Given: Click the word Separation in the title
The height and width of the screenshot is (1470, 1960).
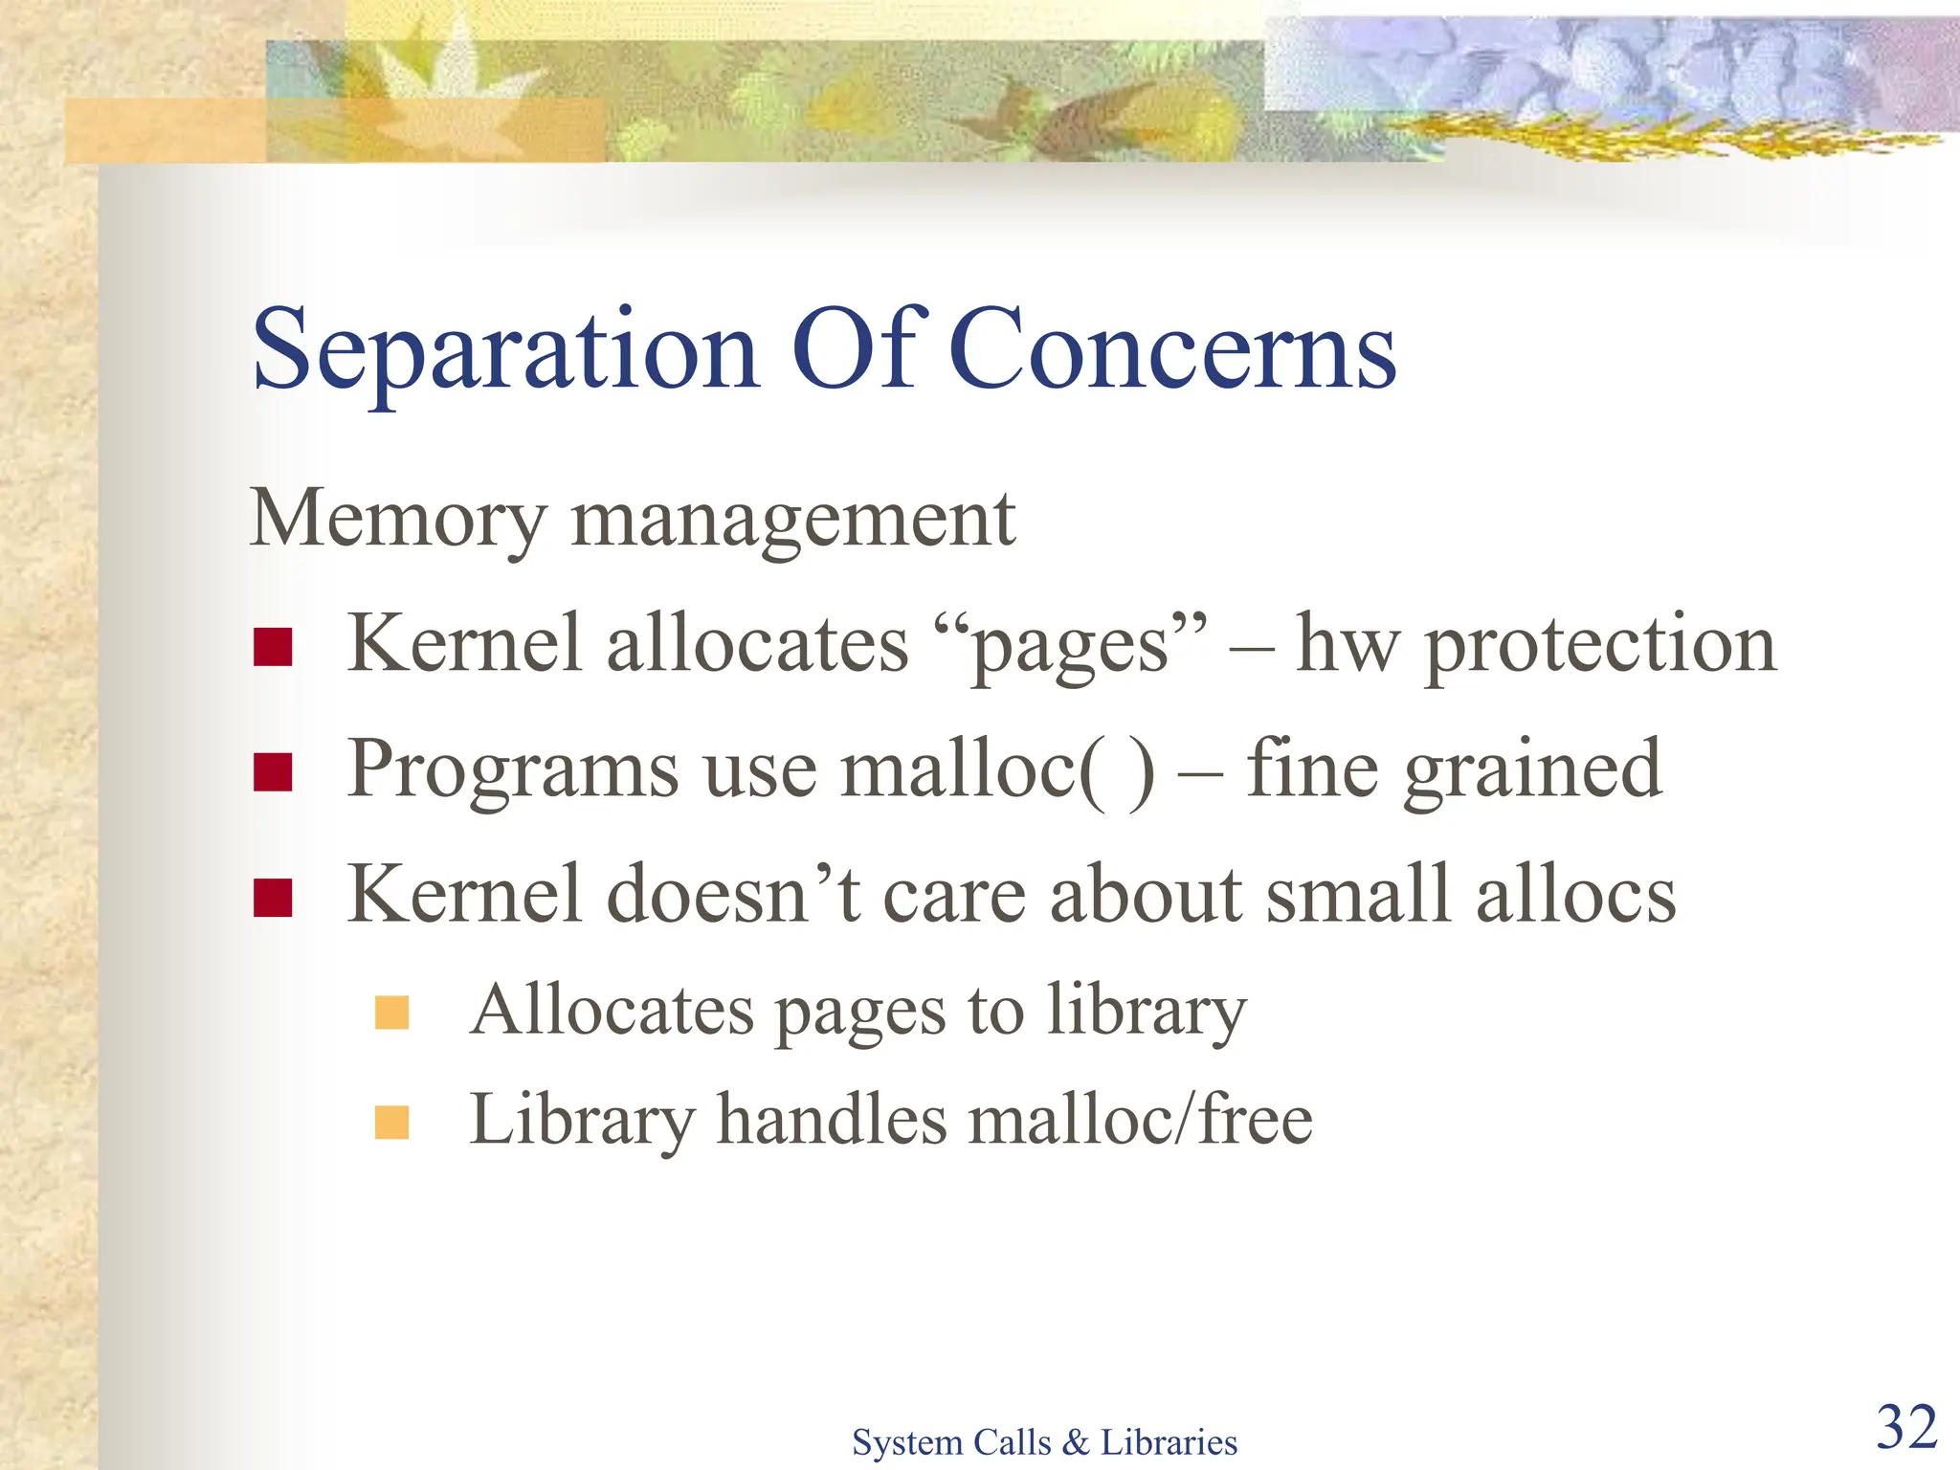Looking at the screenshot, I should tap(505, 350).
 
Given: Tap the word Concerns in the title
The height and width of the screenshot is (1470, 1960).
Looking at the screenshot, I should tap(1174, 350).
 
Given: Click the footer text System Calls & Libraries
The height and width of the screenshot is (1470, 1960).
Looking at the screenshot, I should tap(1044, 1442).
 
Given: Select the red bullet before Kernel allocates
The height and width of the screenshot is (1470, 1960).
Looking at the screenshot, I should tap(273, 647).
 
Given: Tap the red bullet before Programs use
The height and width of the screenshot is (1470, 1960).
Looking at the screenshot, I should tap(273, 772).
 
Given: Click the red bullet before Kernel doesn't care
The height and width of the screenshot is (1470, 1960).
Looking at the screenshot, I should tap(273, 898).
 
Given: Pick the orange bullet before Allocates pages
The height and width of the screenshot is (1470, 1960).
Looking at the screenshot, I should tap(392, 1013).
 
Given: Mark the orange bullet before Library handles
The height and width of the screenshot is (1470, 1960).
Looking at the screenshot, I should tap(392, 1123).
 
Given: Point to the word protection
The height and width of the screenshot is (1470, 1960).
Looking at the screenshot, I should tap(1600, 647).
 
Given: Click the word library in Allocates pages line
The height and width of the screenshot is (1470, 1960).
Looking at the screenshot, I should tap(1146, 1013).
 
